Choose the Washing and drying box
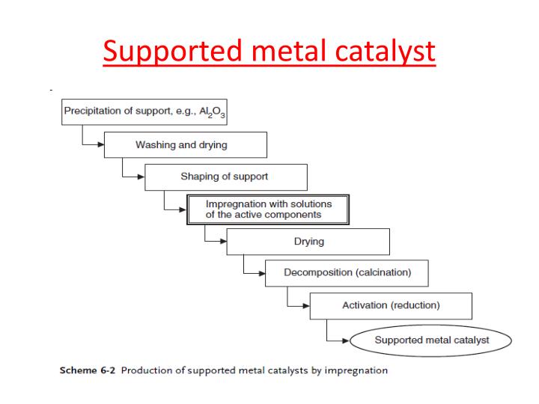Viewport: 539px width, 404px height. [x=185, y=144]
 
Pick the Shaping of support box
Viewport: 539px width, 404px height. [x=225, y=177]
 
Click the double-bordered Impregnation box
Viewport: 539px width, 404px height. [x=267, y=209]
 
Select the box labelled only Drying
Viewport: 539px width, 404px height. [x=308, y=242]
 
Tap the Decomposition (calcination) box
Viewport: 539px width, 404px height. [x=347, y=273]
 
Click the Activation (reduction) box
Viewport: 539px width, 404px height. [x=390, y=305]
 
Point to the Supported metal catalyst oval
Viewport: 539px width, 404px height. [x=431, y=340]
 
